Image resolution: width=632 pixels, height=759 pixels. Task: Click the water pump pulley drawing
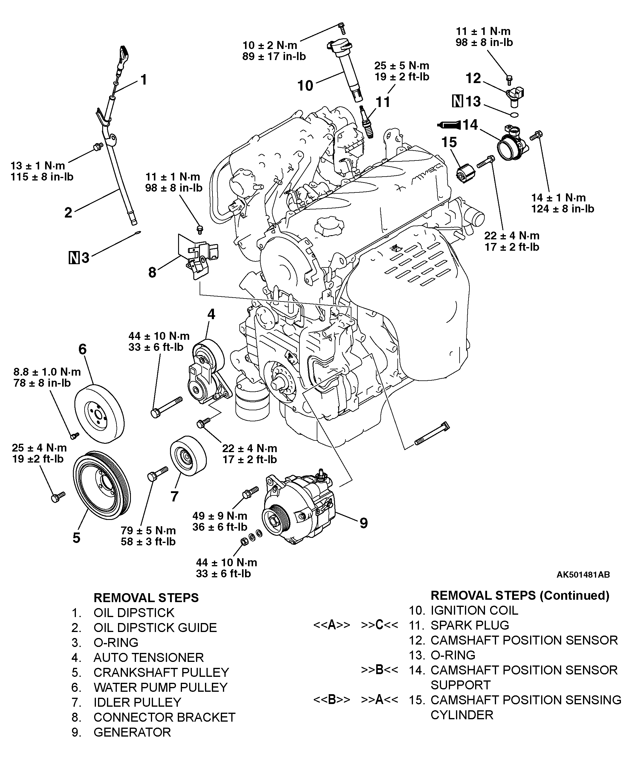100,414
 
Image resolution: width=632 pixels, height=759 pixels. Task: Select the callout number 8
152,272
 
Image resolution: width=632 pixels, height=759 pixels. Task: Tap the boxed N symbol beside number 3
74,258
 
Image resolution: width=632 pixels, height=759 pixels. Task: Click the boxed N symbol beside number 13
457,101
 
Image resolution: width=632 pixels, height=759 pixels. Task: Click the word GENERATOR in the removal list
132,732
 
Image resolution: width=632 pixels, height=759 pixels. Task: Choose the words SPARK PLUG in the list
470,625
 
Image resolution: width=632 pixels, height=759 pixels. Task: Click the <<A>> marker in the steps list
332,625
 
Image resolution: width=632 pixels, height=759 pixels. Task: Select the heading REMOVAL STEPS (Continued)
520,595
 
